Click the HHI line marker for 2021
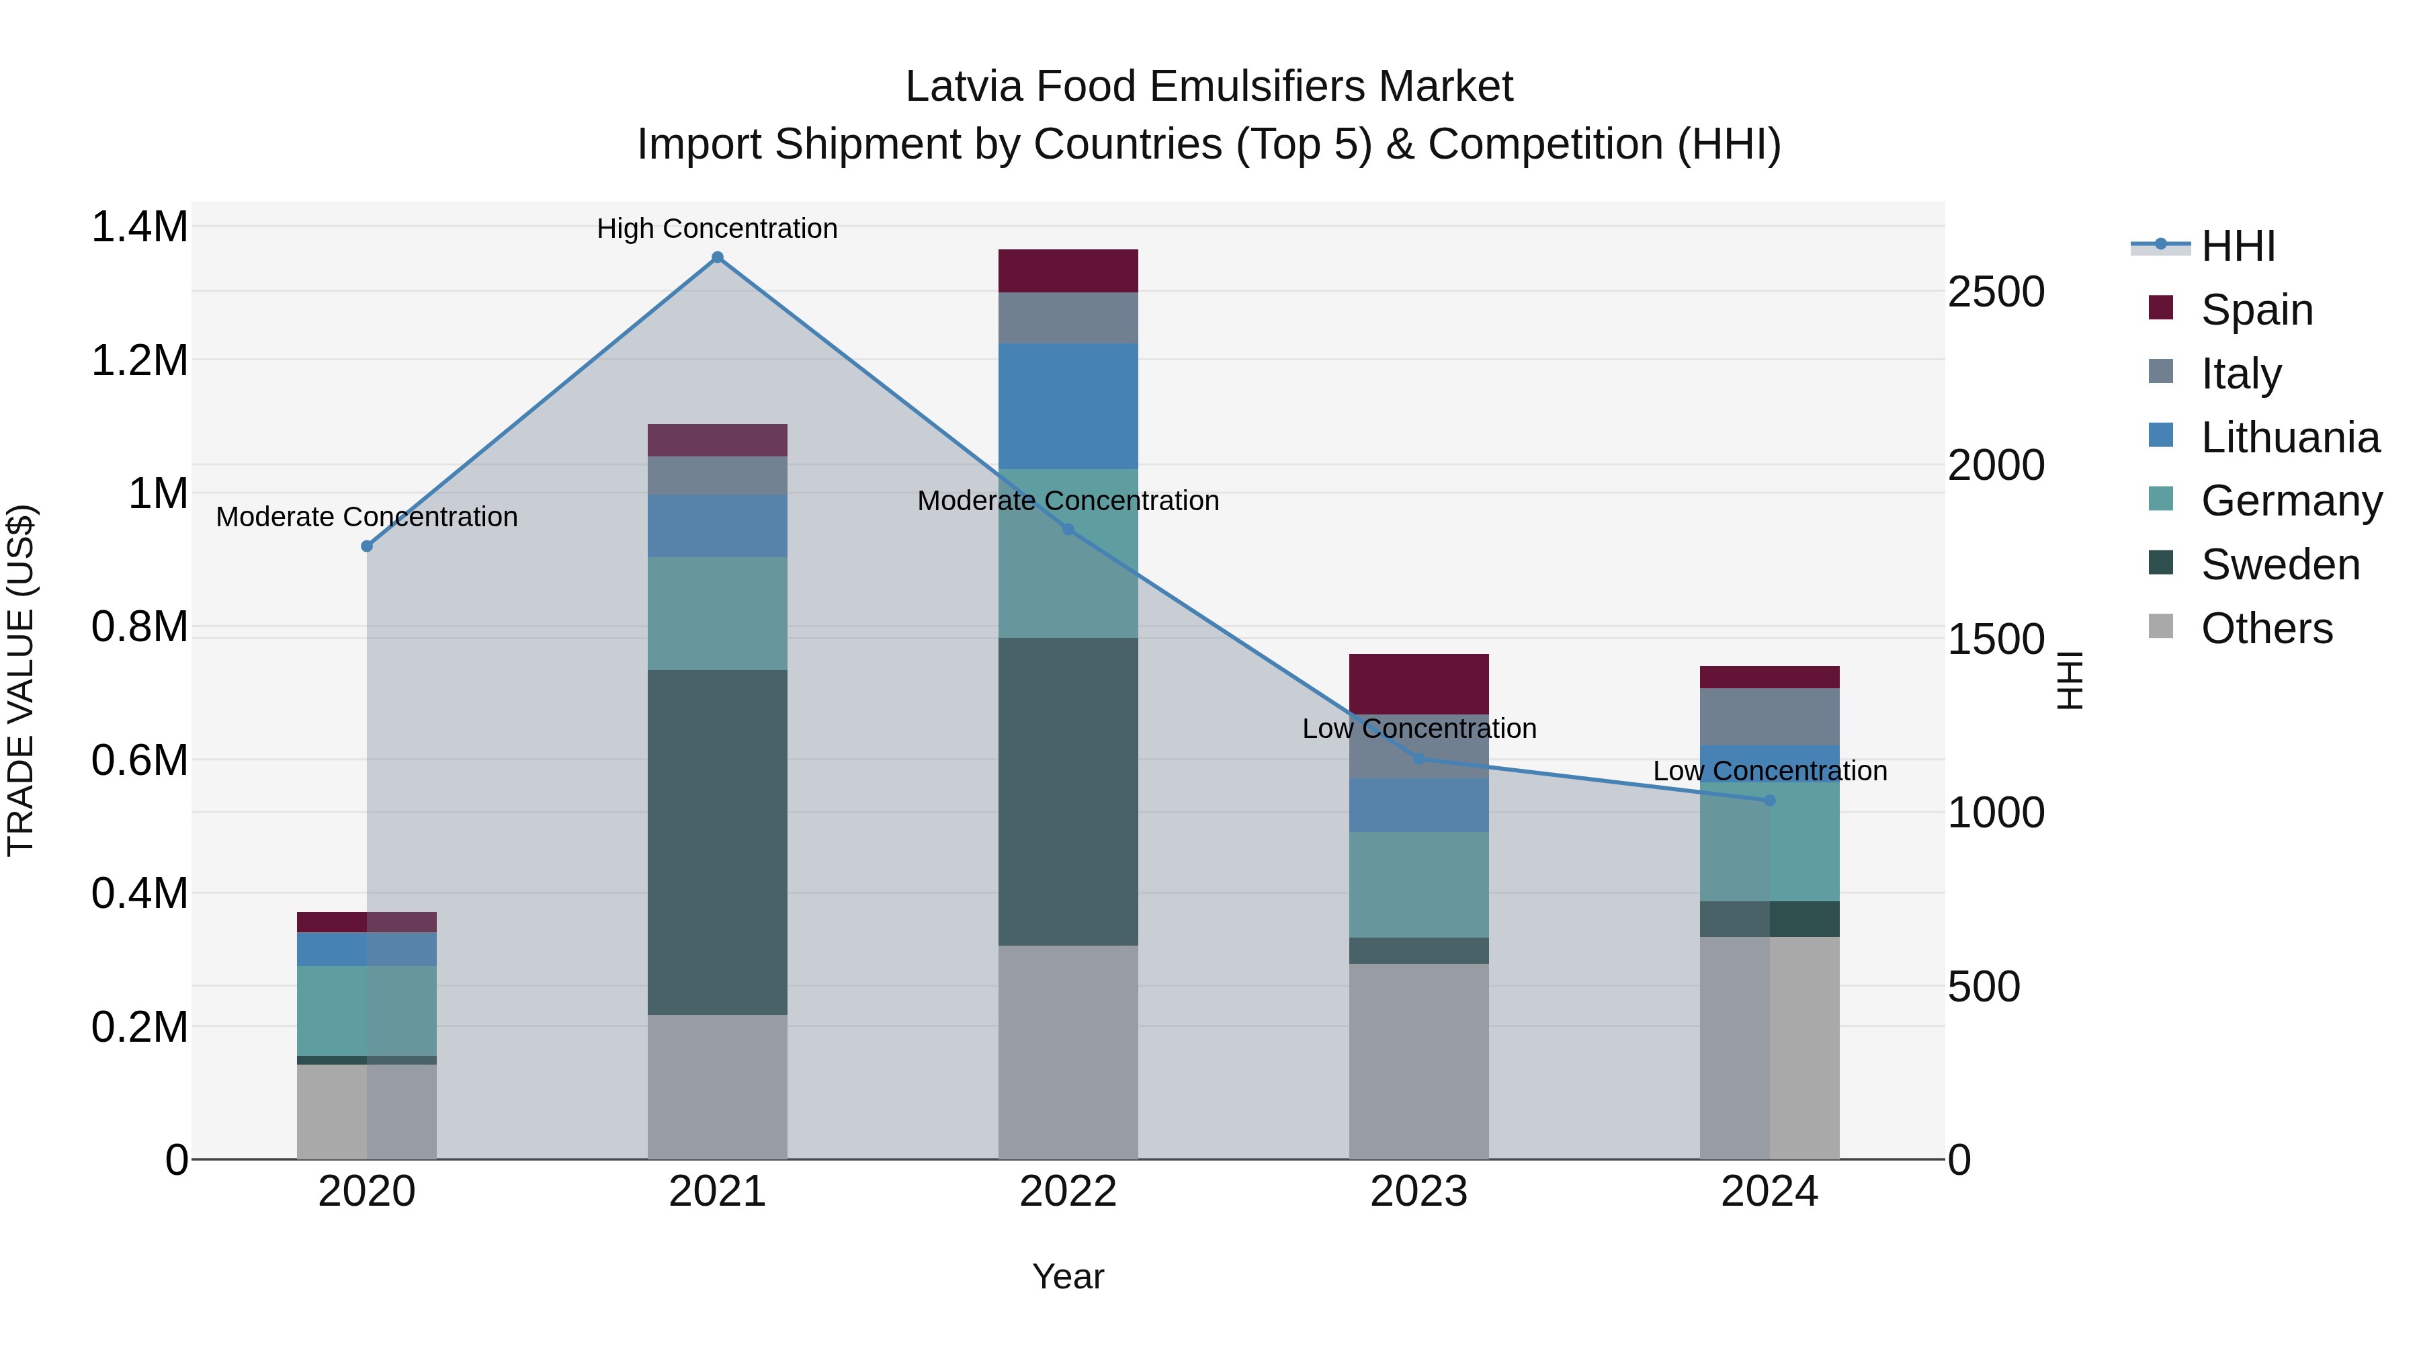[718, 257]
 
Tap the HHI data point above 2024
[1769, 800]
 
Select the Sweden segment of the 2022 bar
[1068, 791]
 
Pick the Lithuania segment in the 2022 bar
[1068, 406]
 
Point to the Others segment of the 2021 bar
[718, 1086]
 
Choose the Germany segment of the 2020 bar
[366, 1011]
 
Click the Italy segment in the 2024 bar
[1769, 716]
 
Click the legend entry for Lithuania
[2289, 438]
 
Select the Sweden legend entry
[2279, 565]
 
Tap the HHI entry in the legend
[2237, 246]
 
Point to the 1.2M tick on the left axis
[139, 361]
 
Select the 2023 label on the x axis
[1418, 1191]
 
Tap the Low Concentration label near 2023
[1418, 728]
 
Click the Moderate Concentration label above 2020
[366, 517]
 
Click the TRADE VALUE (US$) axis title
[21, 680]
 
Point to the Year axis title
[1068, 1276]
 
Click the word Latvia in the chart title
[962, 87]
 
